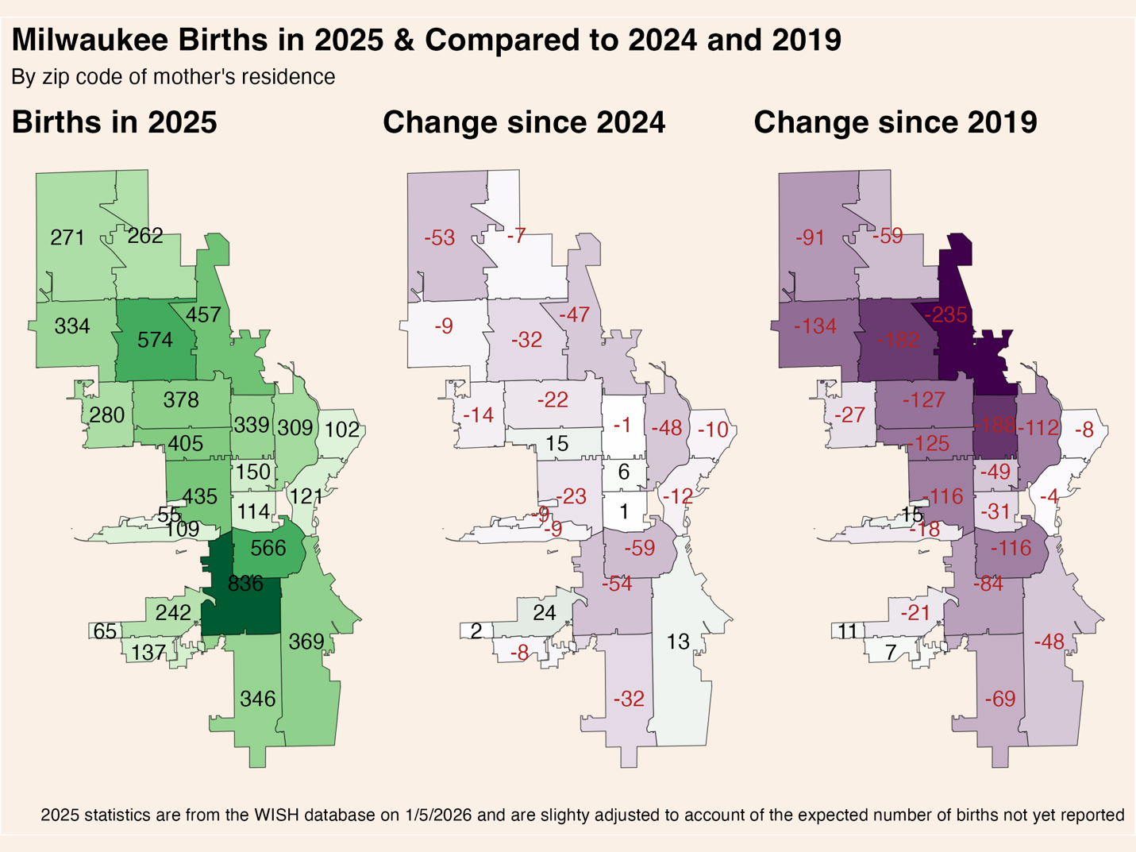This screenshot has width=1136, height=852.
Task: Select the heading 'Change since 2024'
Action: click(524, 122)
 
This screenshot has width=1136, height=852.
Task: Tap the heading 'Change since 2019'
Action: click(895, 122)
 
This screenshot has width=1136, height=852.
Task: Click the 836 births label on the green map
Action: click(245, 584)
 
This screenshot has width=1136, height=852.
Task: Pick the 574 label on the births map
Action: click(155, 341)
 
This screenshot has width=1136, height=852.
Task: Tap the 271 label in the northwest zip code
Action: click(67, 237)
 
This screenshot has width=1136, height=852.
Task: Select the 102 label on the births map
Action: click(342, 430)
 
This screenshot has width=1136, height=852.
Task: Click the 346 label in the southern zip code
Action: click(258, 699)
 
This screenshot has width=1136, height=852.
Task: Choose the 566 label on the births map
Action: click(268, 548)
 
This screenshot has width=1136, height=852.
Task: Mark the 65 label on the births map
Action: click(105, 631)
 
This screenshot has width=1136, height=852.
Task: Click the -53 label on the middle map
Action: click(439, 237)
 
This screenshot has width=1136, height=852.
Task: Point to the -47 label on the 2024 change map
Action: click(574, 314)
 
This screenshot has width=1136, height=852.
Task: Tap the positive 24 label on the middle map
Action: click(544, 612)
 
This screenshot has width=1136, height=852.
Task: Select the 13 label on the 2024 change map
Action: click(678, 642)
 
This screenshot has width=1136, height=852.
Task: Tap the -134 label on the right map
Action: click(814, 326)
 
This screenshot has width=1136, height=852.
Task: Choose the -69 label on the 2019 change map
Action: click(999, 699)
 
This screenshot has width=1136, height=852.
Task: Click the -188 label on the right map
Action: click(995, 425)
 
